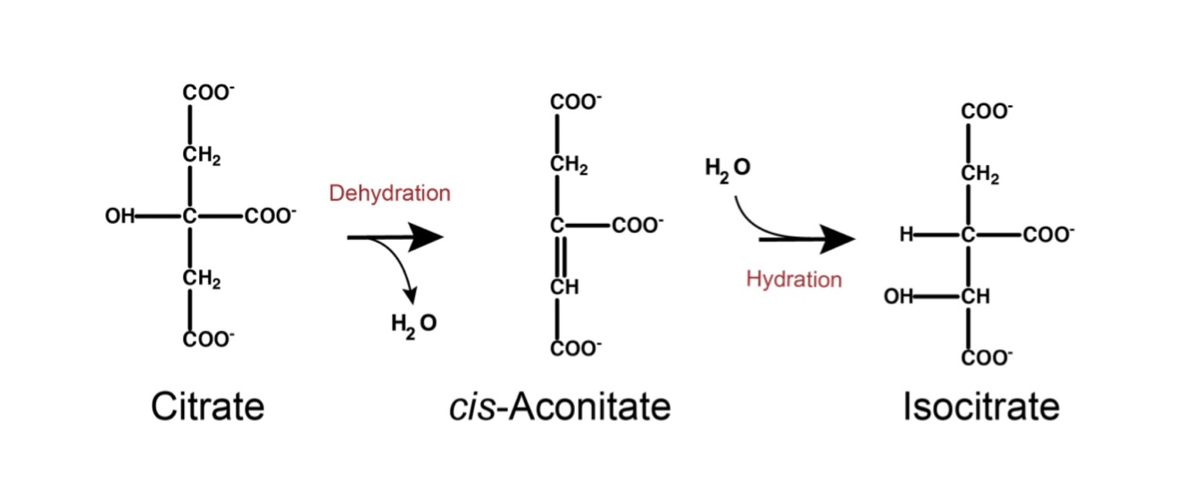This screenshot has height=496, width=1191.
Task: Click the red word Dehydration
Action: tap(389, 193)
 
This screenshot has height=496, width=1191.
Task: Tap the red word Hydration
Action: tap(794, 279)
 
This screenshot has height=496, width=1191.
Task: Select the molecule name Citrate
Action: tap(208, 408)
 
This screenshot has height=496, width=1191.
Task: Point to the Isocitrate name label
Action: tap(981, 408)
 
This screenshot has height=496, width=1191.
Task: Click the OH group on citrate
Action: tap(119, 216)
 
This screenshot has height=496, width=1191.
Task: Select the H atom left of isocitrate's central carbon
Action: tap(907, 235)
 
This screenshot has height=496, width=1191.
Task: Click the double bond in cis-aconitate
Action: tap(556, 259)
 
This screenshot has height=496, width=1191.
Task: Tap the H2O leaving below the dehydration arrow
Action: tap(413, 324)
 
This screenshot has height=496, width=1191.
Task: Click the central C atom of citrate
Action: tap(188, 216)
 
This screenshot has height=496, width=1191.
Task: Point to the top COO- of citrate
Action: tap(208, 93)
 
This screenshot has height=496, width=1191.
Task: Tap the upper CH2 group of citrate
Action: tap(202, 157)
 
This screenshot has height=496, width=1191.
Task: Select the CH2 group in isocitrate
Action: tap(980, 176)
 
